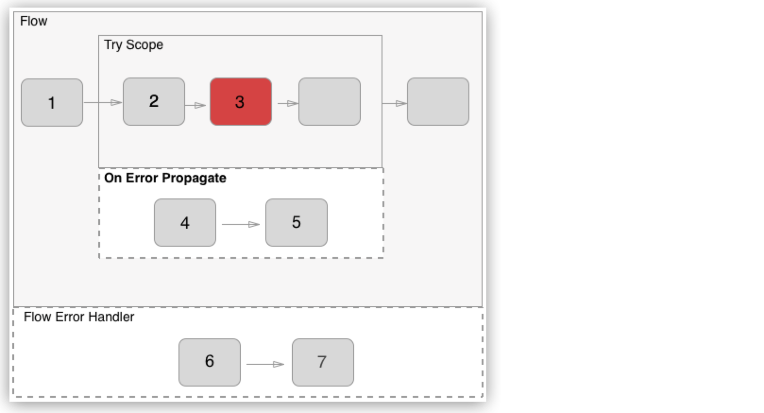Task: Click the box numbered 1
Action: click(x=52, y=103)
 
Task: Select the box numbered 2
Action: click(x=154, y=102)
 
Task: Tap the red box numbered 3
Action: click(x=241, y=102)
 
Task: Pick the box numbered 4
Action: click(x=185, y=223)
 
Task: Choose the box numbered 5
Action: click(x=297, y=223)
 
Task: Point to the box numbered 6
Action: click(x=210, y=362)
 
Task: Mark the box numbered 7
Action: click(x=323, y=362)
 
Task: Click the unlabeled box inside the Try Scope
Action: click(x=330, y=102)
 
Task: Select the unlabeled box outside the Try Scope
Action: click(x=438, y=102)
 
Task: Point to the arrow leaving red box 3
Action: click(x=288, y=103)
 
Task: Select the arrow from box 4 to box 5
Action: click(x=241, y=224)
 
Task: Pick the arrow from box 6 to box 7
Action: click(x=265, y=364)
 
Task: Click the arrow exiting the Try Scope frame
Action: click(x=395, y=103)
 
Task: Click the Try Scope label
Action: click(x=134, y=45)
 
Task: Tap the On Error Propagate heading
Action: click(x=165, y=178)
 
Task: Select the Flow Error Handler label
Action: click(x=79, y=317)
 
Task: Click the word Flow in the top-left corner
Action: click(x=34, y=21)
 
